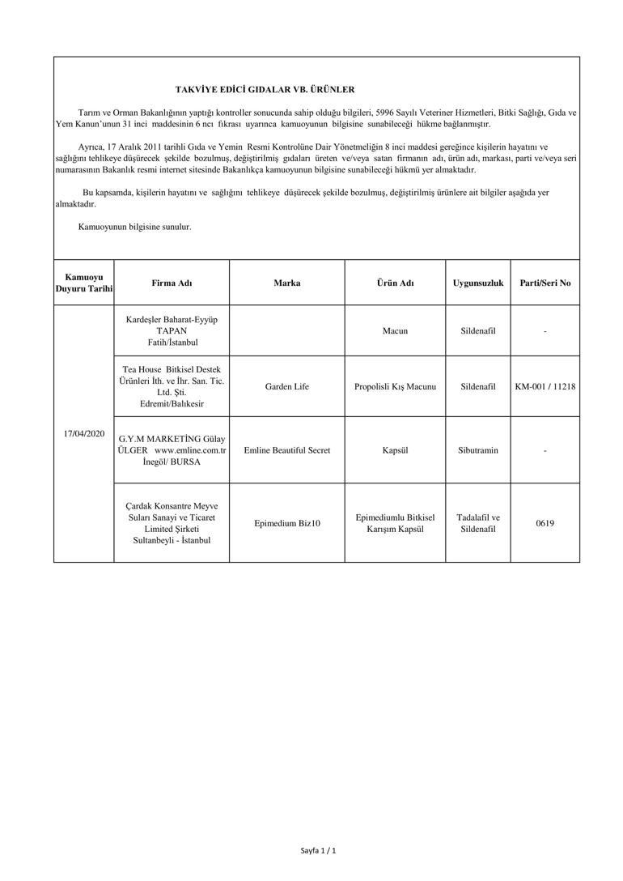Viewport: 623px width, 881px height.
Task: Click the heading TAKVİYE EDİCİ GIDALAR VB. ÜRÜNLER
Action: (265, 90)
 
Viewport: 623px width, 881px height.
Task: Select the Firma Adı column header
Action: (172, 283)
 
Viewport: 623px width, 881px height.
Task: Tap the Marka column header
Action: (286, 283)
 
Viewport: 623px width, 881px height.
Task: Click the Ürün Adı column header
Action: (395, 283)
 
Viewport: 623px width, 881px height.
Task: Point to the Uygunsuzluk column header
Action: (477, 283)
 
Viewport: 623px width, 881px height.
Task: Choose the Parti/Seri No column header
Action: (545, 283)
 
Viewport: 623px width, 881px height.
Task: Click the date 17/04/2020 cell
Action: (84, 434)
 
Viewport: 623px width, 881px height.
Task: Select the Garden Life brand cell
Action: (286, 387)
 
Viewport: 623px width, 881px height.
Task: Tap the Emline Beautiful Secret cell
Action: (286, 450)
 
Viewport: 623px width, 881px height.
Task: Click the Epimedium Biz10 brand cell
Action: (286, 523)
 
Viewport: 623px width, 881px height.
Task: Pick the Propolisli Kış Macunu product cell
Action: (395, 387)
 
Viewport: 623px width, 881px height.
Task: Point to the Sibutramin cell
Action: (477, 450)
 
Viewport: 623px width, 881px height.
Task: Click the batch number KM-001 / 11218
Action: (545, 387)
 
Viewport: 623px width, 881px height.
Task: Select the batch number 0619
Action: (545, 523)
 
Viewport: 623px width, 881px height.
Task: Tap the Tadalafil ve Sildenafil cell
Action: (477, 523)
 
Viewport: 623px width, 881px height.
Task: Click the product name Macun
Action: (395, 331)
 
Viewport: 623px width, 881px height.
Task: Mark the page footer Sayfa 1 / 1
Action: (318, 851)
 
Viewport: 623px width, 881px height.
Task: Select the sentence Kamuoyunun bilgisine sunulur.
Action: (134, 228)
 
